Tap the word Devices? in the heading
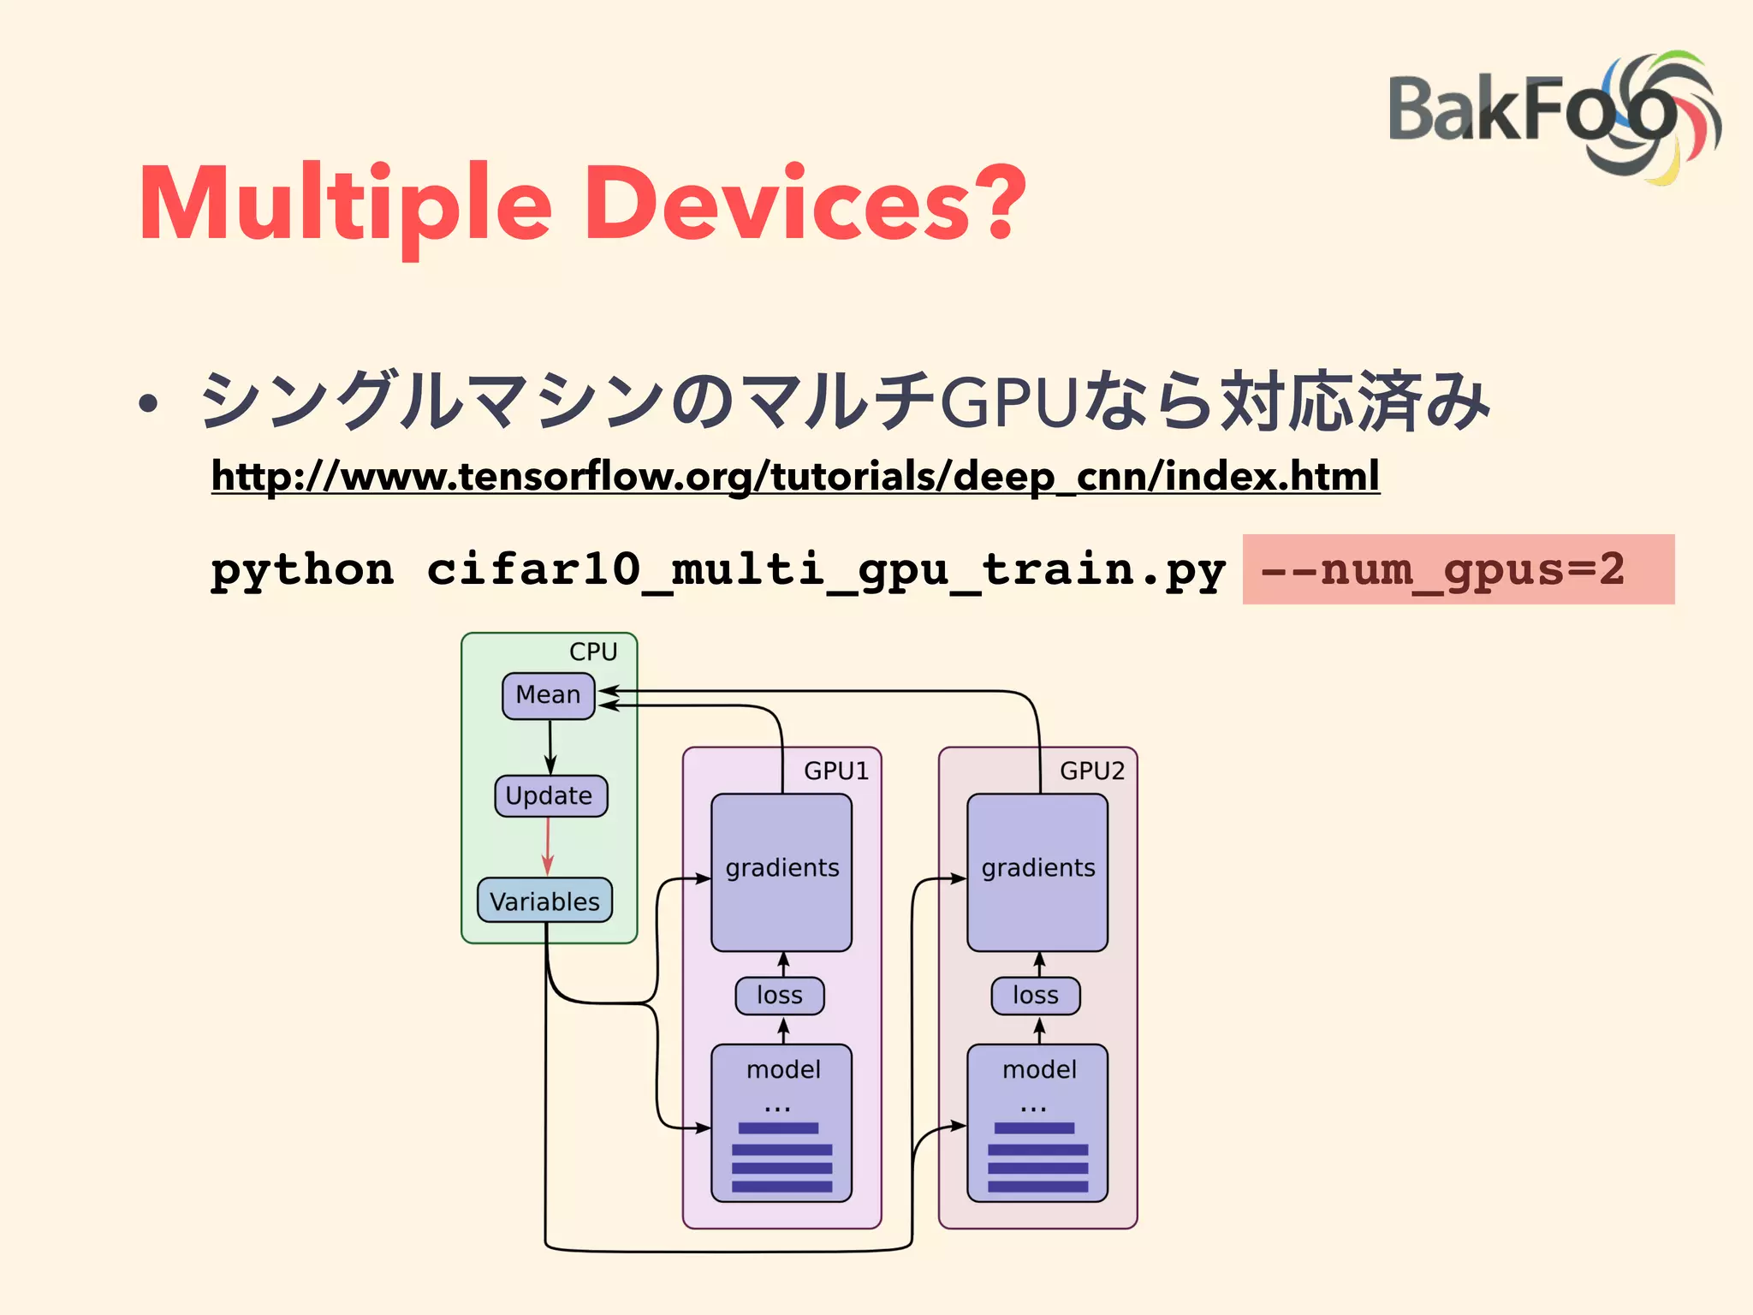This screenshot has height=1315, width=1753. [x=805, y=204]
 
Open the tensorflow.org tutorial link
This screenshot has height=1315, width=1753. [x=794, y=477]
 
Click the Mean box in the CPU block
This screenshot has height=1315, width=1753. [x=549, y=695]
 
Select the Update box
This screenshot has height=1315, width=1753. [x=550, y=796]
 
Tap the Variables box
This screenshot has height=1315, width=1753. [x=544, y=901]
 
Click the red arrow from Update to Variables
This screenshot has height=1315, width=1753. [x=548, y=847]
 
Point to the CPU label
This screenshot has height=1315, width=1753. [x=593, y=652]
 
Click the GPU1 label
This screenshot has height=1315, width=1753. [x=835, y=771]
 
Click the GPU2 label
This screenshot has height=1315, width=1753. [x=1091, y=771]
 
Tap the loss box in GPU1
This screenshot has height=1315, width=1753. [x=780, y=996]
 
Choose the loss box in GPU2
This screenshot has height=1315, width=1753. [x=1036, y=996]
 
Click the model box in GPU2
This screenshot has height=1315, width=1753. [x=1037, y=1122]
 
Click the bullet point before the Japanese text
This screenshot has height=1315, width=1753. [x=149, y=404]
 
